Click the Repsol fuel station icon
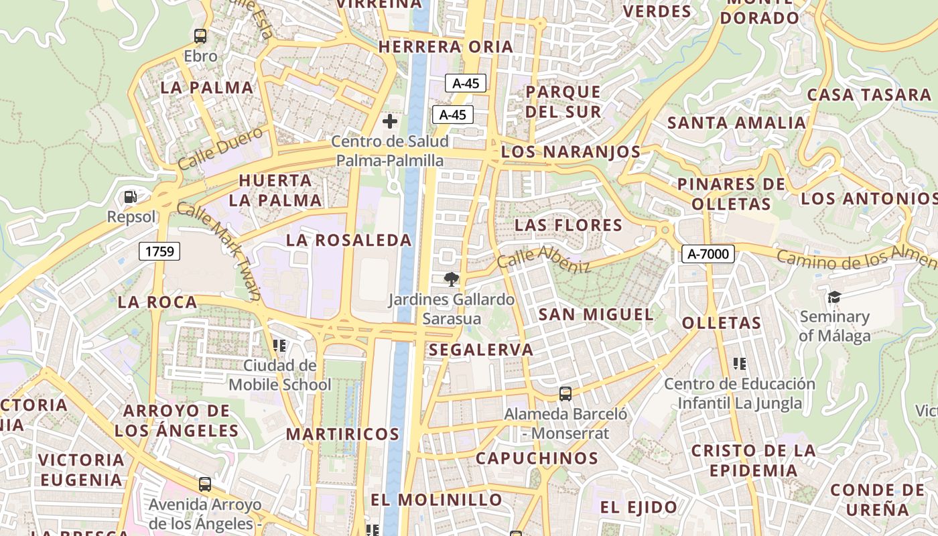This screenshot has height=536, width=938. coord(131,197)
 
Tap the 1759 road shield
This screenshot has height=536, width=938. coord(159,251)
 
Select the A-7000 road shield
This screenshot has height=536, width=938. coord(708,254)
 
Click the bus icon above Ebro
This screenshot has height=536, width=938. coord(200,36)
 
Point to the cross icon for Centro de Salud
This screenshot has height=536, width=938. coord(390,121)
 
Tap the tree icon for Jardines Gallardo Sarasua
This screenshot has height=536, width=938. coord(452,279)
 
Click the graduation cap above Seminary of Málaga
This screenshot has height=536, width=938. coord(834,297)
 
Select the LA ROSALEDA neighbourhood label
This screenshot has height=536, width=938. coord(349,240)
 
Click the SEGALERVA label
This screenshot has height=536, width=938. coord(481,350)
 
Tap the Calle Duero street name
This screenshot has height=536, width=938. coord(221,148)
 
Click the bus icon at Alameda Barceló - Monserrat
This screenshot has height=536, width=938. coord(565,394)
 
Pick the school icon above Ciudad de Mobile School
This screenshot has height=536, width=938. coord(279,346)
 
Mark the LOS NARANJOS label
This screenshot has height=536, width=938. coord(571,152)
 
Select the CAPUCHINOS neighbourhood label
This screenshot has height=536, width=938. coord(537,458)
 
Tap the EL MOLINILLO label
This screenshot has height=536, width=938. coord(436,500)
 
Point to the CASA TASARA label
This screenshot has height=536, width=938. coord(868,94)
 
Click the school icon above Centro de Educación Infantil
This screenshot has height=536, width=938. coord(740,364)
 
